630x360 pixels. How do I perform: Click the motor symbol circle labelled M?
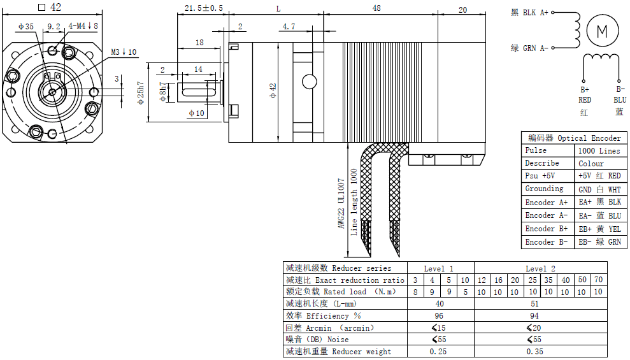pyautogui.click(x=602, y=31)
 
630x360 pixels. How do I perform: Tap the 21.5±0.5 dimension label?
pyautogui.click(x=204, y=8)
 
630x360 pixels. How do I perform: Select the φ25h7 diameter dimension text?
pyautogui.click(x=141, y=93)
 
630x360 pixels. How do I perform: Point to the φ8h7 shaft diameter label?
pyautogui.click(x=162, y=92)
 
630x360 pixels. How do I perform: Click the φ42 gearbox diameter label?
pyautogui.click(x=273, y=91)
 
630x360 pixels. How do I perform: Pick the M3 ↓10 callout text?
pyautogui.click(x=124, y=52)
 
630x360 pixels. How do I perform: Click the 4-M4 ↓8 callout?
pyautogui.click(x=83, y=25)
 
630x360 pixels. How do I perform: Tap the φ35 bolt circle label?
pyautogui.click(x=26, y=27)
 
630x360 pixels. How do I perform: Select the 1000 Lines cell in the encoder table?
pyautogui.click(x=599, y=150)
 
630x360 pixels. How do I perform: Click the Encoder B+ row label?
pyautogui.click(x=547, y=229)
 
